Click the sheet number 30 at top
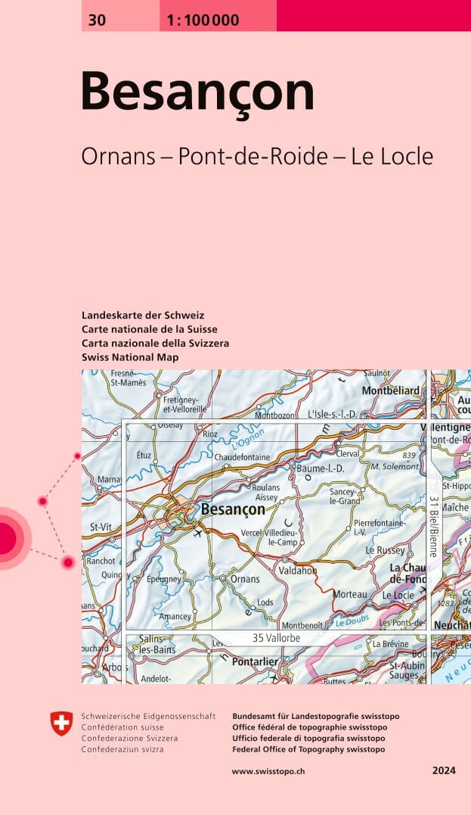97,20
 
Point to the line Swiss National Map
130,356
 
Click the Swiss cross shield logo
61,723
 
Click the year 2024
444,771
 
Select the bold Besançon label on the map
233,510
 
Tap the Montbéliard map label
390,390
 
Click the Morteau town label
350,595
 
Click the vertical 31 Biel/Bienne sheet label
434,525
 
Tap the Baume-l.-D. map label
321,468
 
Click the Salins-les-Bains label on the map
157,645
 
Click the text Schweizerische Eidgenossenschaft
148,716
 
